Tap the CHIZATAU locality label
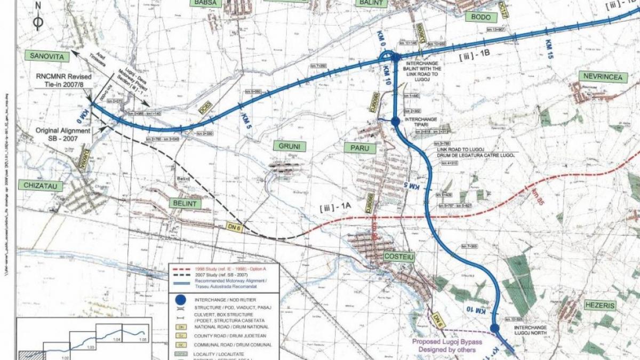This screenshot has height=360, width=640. click(40, 185)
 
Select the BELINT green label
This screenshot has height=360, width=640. click(185, 203)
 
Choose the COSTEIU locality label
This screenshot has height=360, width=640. click(399, 257)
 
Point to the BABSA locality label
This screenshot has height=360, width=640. click(205, 3)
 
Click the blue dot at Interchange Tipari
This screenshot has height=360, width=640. click(395, 122)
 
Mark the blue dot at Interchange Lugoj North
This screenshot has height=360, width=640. click(494, 328)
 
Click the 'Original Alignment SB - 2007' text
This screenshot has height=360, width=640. click(62, 134)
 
